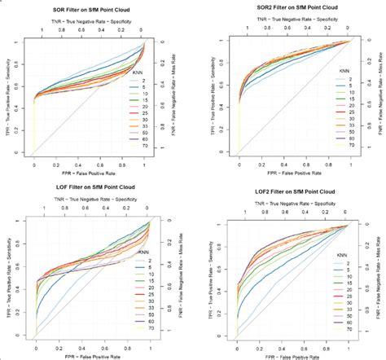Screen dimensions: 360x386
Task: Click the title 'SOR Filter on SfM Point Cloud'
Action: tap(90, 7)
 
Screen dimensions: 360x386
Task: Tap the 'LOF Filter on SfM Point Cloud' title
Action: tap(90, 189)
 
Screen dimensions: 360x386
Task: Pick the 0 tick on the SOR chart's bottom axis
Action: tap(34, 165)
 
